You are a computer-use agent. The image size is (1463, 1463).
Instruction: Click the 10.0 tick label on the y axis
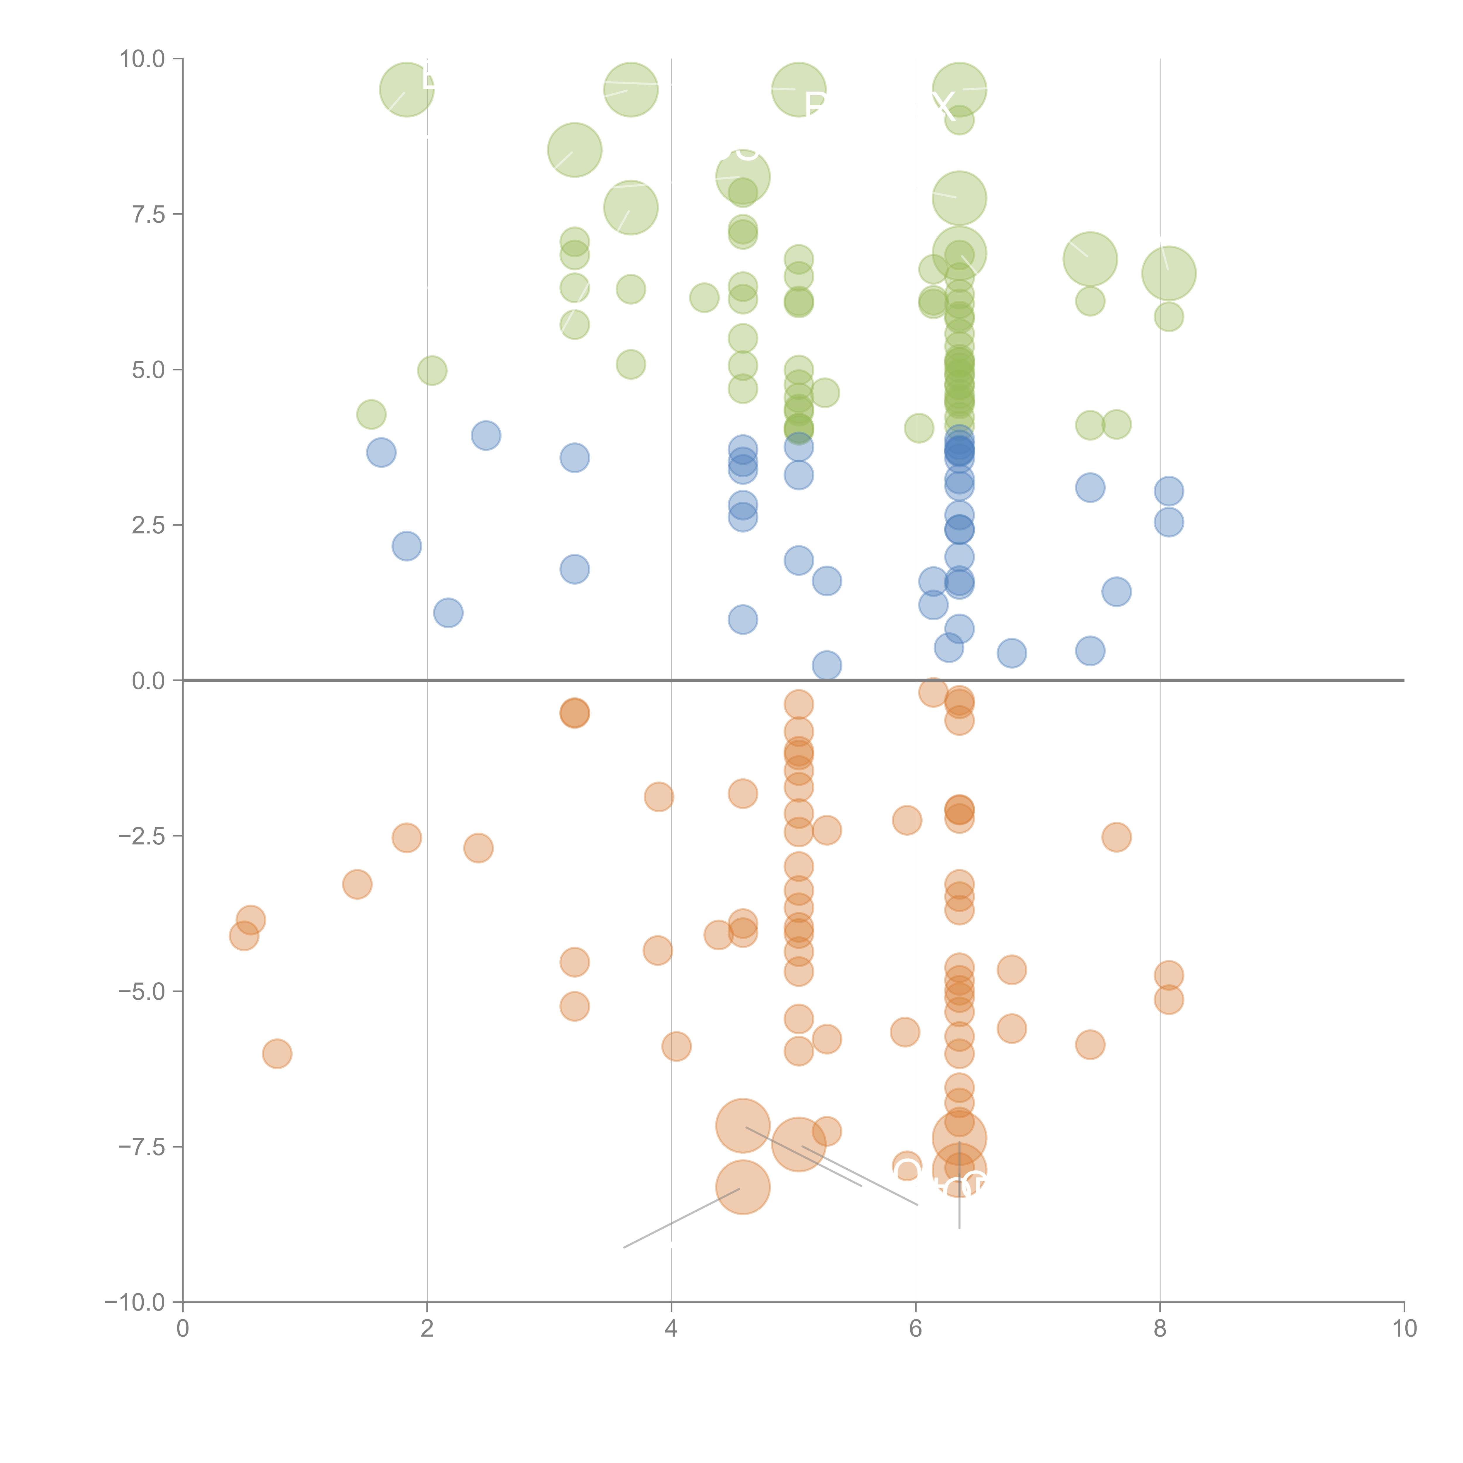(142, 59)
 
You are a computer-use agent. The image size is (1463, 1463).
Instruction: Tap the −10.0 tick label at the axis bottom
(135, 1302)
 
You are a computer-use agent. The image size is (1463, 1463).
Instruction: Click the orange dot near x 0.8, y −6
(277, 1053)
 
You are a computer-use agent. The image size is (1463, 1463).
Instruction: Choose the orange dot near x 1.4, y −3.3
(357, 884)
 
